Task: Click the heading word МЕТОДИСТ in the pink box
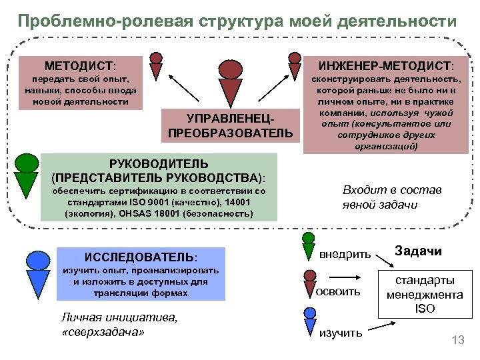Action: coord(79,67)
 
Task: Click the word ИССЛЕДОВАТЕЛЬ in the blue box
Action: coord(141,257)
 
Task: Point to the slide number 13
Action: coord(457,341)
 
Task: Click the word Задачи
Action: coord(418,251)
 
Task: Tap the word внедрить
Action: coord(345,254)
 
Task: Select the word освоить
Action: coord(338,291)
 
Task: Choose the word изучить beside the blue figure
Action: coord(341,332)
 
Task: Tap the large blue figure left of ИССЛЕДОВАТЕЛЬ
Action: coord(35,270)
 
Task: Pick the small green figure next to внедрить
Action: coord(309,245)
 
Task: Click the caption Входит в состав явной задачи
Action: coord(391,197)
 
